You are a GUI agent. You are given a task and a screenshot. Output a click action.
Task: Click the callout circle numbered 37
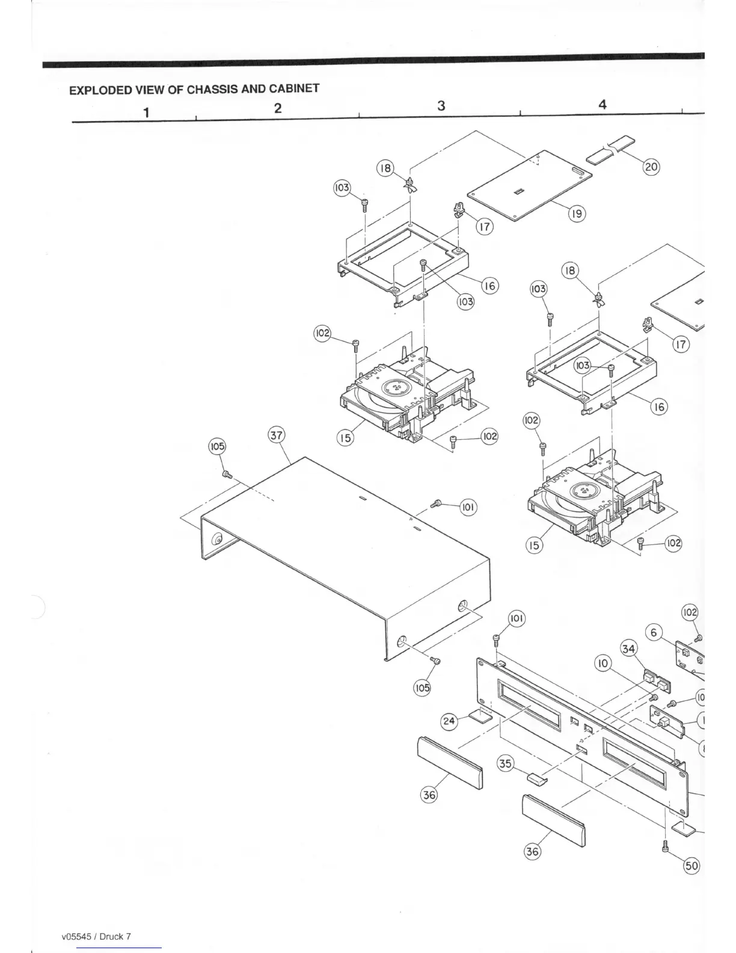(x=276, y=435)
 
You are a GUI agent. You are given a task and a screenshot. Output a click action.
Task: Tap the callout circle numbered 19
(x=577, y=213)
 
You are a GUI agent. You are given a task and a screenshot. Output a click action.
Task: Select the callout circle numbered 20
(x=652, y=166)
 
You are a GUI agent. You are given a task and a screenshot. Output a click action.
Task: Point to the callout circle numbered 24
(x=450, y=720)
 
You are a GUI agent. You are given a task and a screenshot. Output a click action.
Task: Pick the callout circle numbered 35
(x=505, y=763)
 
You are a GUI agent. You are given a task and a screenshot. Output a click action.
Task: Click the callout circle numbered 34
(x=654, y=632)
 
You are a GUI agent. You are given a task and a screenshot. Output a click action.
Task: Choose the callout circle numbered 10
(x=603, y=663)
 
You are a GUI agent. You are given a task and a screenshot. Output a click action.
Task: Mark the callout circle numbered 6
(x=654, y=632)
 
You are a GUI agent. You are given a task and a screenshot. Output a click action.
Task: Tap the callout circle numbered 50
(x=692, y=866)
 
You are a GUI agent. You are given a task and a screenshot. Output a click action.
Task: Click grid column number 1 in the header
(x=146, y=112)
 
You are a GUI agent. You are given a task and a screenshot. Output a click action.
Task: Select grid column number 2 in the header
(x=277, y=108)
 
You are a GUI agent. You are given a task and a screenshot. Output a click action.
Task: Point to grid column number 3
(x=441, y=106)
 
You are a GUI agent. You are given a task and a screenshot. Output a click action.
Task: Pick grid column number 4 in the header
(x=603, y=104)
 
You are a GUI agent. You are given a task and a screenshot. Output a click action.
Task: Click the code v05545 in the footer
(x=76, y=936)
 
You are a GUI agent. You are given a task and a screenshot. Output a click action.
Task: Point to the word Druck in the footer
(x=111, y=936)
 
